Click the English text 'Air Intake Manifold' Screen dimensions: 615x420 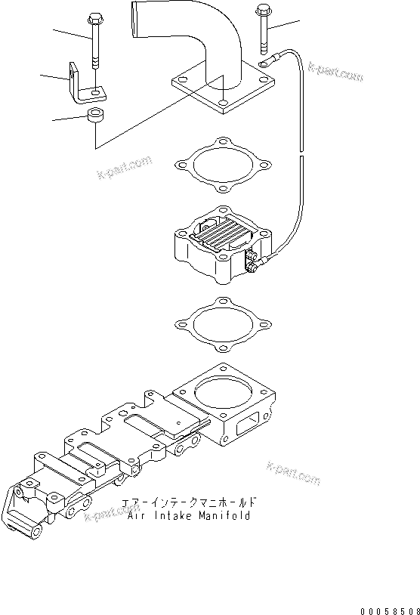coord(189,517)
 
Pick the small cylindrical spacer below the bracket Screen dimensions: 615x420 coord(95,117)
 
